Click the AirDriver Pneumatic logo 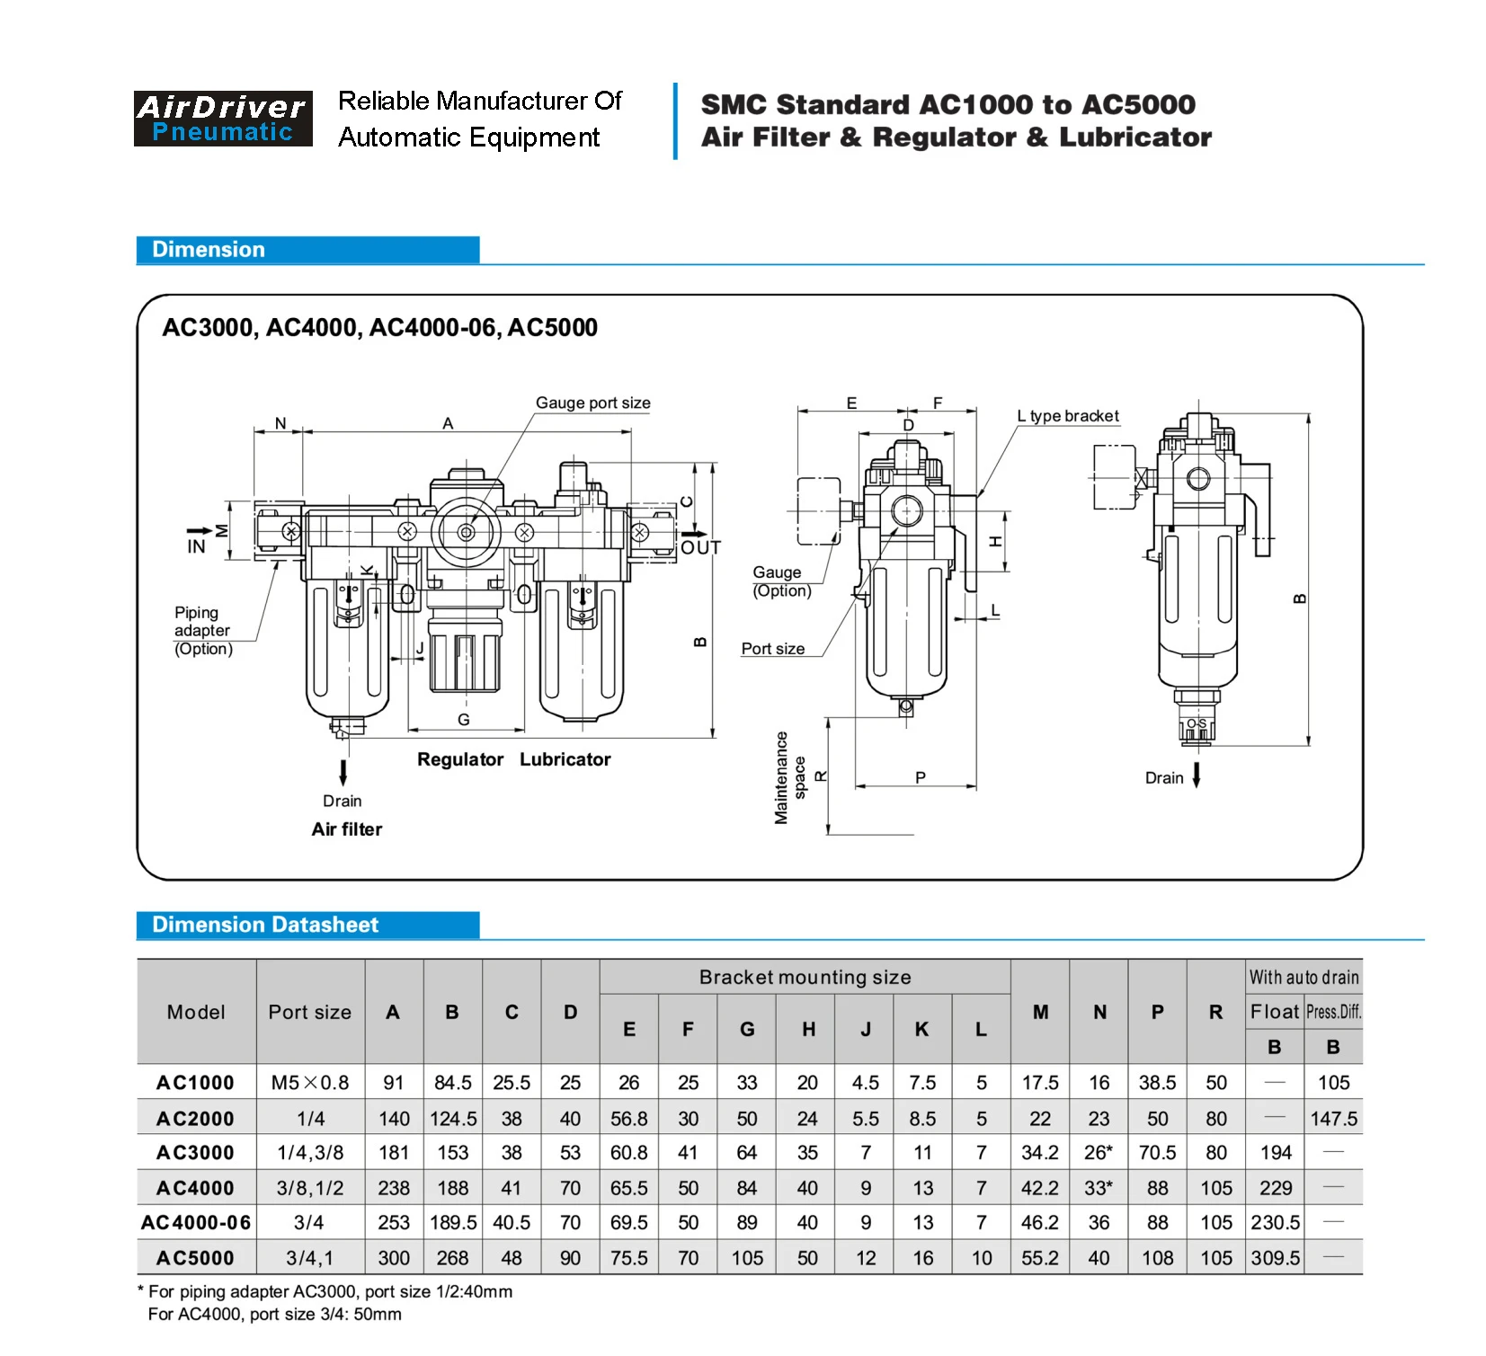(x=223, y=119)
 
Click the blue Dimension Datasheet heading (x=265, y=925)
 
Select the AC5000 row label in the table (x=195, y=1258)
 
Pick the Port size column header (x=309, y=1012)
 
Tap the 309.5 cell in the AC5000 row (x=1275, y=1258)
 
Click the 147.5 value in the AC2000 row (x=1333, y=1119)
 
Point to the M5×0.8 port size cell (x=309, y=1083)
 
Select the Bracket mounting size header (x=805, y=977)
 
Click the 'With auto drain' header (x=1304, y=977)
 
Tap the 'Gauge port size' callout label (x=592, y=403)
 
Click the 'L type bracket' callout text (x=1068, y=416)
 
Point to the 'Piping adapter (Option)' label (x=202, y=631)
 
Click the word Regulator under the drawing (x=460, y=759)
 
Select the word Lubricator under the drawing (x=565, y=759)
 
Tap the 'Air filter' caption (x=347, y=829)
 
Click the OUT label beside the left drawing (x=700, y=547)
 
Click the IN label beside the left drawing (x=196, y=546)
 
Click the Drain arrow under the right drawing (x=1197, y=775)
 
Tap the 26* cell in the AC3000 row (x=1099, y=1153)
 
